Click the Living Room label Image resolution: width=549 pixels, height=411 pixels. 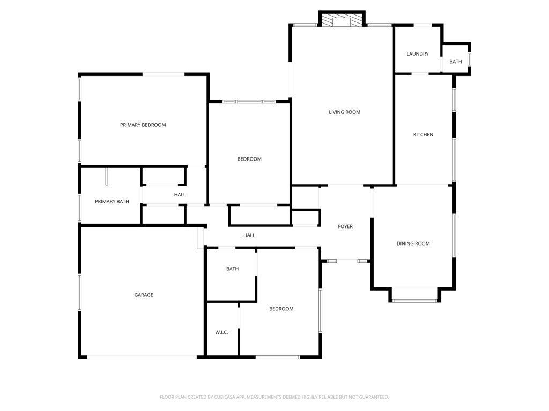tap(344, 112)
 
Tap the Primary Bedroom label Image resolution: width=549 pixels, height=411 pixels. tap(143, 125)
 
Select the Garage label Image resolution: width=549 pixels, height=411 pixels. tap(144, 295)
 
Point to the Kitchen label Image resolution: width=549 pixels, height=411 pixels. tap(423, 135)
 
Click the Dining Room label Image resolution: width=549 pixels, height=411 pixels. tap(413, 244)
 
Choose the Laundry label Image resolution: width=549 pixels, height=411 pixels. tap(418, 54)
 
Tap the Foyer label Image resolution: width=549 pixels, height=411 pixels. tap(345, 227)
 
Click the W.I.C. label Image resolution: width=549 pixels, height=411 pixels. tap(221, 332)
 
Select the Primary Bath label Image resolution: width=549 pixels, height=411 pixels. tap(112, 202)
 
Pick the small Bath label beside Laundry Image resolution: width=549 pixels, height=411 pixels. tap(456, 62)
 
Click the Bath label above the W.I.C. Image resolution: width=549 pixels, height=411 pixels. tap(232, 269)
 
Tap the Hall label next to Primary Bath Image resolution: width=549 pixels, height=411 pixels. tap(180, 195)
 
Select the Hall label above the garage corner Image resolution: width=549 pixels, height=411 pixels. tap(249, 235)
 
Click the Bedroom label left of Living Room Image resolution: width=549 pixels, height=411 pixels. tap(249, 159)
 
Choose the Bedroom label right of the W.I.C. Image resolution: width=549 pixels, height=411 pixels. tap(281, 309)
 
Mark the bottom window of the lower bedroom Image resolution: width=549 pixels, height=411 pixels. tap(278, 357)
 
